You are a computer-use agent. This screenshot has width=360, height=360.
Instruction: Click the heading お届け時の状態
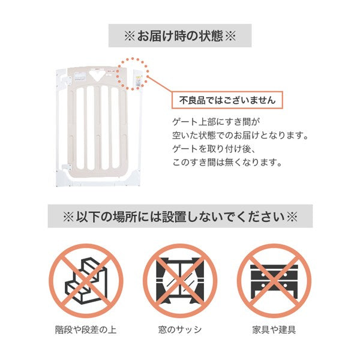click(x=180, y=36)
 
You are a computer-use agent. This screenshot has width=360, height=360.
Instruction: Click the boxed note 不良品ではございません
click(x=227, y=100)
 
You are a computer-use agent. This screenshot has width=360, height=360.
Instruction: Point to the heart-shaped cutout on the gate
click(x=97, y=75)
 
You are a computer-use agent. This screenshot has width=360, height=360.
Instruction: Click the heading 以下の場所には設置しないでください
click(x=180, y=216)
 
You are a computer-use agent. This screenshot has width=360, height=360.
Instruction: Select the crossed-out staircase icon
click(x=86, y=281)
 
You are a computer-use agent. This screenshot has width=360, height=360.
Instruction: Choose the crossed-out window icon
click(x=180, y=281)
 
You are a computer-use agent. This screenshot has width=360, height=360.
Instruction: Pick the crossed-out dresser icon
click(x=274, y=281)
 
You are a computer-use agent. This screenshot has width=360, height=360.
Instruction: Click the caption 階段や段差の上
click(x=86, y=329)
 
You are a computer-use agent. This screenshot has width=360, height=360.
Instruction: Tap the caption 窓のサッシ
click(x=180, y=329)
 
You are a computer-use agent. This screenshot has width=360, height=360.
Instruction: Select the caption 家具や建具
click(x=274, y=329)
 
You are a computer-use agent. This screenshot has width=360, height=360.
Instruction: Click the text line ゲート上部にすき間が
click(x=216, y=122)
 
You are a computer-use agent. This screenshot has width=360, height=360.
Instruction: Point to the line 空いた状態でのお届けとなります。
click(x=241, y=135)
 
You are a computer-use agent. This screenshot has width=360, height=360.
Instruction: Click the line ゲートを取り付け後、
click(x=214, y=149)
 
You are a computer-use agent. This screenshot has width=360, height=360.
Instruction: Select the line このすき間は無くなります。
click(x=227, y=163)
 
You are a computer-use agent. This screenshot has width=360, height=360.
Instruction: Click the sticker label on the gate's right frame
click(x=138, y=81)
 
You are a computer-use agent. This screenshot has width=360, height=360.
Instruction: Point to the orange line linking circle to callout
click(x=160, y=84)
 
